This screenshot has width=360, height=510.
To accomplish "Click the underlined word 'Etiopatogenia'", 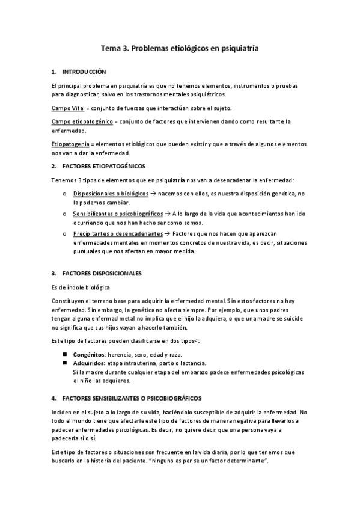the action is point(70,144).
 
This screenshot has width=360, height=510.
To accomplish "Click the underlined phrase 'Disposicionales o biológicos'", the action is point(111,194).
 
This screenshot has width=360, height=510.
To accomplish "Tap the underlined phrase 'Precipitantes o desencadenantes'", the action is point(118,233).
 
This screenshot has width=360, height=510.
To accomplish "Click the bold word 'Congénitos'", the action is point(89,354).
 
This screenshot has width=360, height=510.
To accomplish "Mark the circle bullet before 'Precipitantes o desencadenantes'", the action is point(64,233).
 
